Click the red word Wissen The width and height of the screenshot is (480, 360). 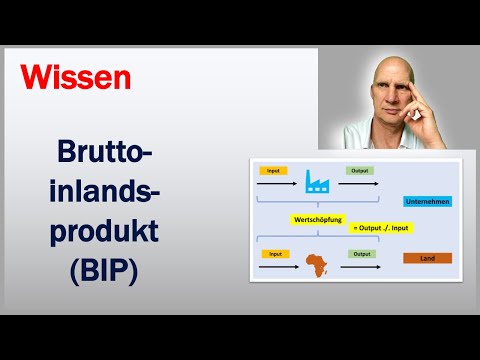pyautogui.click(x=76, y=77)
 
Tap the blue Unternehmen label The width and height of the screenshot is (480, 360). pyautogui.click(x=428, y=200)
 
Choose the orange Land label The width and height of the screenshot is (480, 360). pyautogui.click(x=428, y=258)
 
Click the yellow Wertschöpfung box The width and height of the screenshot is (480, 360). pyautogui.click(x=319, y=217)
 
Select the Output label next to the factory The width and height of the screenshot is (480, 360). pyautogui.click(x=360, y=171)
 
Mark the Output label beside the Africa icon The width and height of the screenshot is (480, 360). pyautogui.click(x=360, y=254)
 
